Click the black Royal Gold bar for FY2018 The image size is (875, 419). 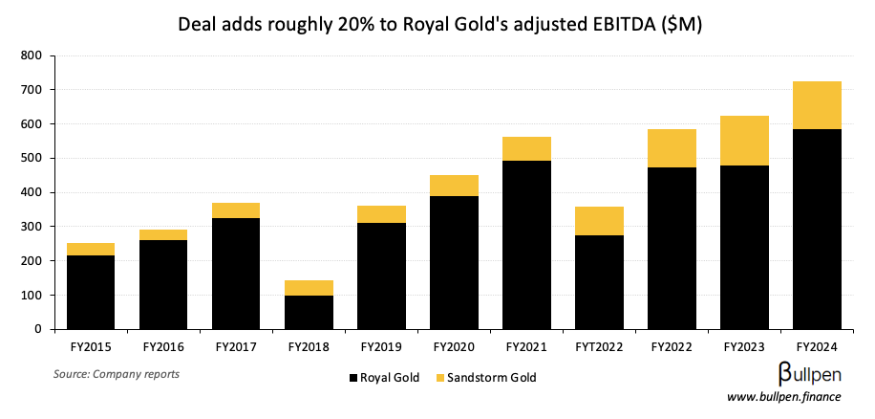pyautogui.click(x=309, y=312)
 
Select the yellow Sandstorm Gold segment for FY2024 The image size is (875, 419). pyautogui.click(x=817, y=105)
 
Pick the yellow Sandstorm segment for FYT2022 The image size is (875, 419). pyautogui.click(x=599, y=221)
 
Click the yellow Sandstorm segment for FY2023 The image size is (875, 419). pyautogui.click(x=744, y=141)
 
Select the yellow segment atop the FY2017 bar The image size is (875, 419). pyautogui.click(x=236, y=210)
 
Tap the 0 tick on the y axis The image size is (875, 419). pyautogui.click(x=36, y=329)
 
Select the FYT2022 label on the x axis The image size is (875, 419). pyautogui.click(x=599, y=345)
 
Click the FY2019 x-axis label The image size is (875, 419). pyautogui.click(x=381, y=345)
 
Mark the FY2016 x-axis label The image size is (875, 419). pyautogui.click(x=163, y=345)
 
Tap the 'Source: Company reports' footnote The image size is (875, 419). pyautogui.click(x=116, y=373)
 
